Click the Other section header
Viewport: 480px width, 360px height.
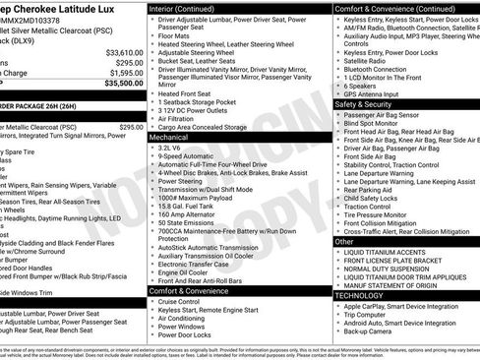[x=345, y=241]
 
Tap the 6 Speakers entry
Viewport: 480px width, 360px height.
[x=363, y=86]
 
